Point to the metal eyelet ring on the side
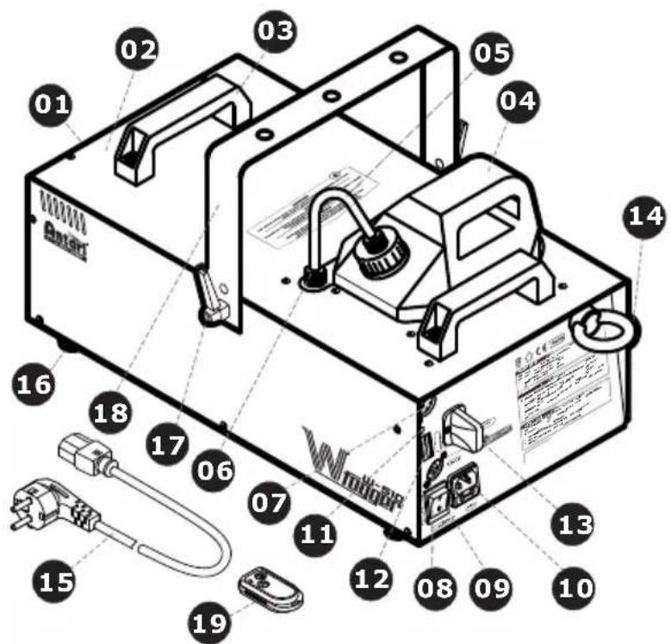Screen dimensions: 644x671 [603, 327]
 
